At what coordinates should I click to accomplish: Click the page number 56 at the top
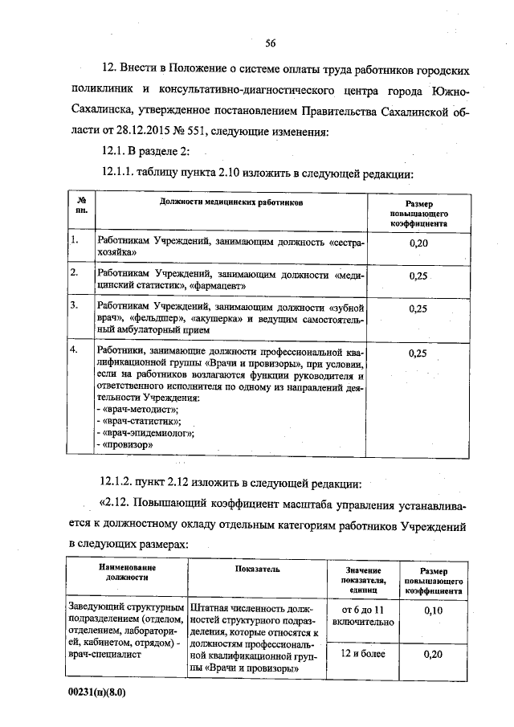coord(270,43)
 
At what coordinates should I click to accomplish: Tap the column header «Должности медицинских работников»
coord(231,205)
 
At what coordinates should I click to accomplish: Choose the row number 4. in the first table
coord(74,351)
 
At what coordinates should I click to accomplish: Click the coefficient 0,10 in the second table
coord(433,611)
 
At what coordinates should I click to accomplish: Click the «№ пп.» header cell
coord(81,204)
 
